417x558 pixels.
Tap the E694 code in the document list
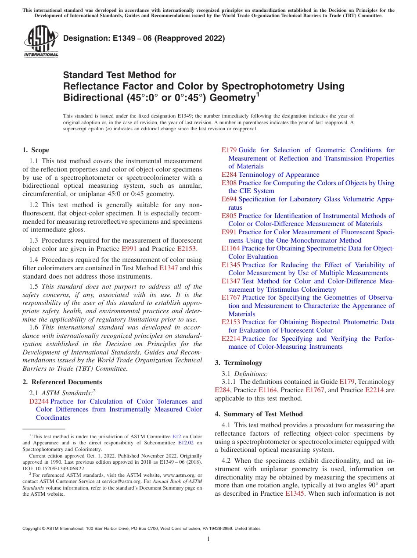click(x=229, y=199)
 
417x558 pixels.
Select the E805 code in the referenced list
click(x=229, y=216)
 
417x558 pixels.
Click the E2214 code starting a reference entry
click(x=231, y=339)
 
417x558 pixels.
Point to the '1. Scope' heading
click(x=36, y=150)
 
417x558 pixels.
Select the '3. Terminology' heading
click(x=238, y=363)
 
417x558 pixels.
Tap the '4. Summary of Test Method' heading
click(x=259, y=414)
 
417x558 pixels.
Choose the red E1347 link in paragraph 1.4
click(x=169, y=268)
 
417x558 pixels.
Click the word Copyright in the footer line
click(x=34, y=529)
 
